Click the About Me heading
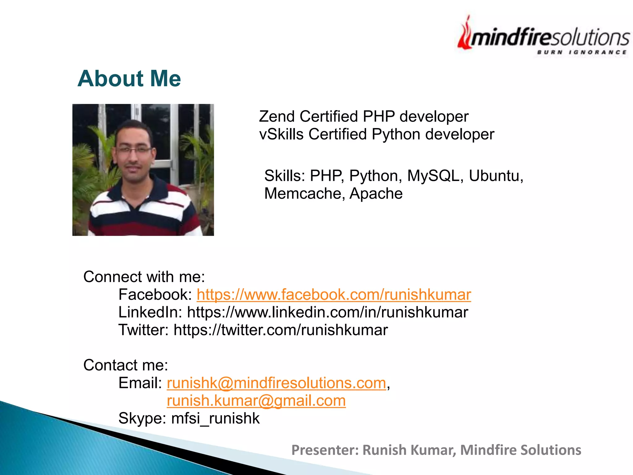[129, 79]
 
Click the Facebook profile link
[333, 295]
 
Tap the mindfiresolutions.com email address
[276, 383]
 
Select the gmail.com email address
[256, 401]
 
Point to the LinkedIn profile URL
[327, 312]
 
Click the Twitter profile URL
[280, 330]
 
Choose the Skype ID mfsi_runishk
[215, 418]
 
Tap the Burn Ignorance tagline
[581, 52]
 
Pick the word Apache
[376, 194]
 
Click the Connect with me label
[144, 277]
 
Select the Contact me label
[125, 365]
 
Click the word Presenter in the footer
[325, 450]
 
